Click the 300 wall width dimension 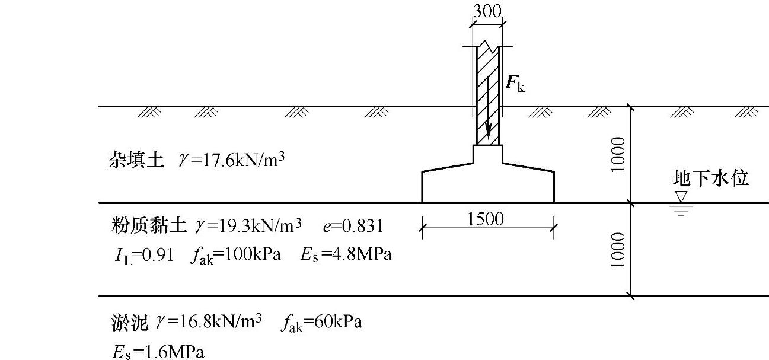pyautogui.click(x=487, y=11)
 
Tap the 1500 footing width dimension pyautogui.click(x=486, y=219)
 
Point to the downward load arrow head pyautogui.click(x=487, y=132)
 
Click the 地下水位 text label pyautogui.click(x=710, y=178)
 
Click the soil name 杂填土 pyautogui.click(x=136, y=160)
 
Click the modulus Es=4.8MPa pyautogui.click(x=346, y=255)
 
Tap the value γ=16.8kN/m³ pyautogui.click(x=209, y=322)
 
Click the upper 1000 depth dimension pyautogui.click(x=618, y=154)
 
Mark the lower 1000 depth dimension pyautogui.click(x=618, y=250)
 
